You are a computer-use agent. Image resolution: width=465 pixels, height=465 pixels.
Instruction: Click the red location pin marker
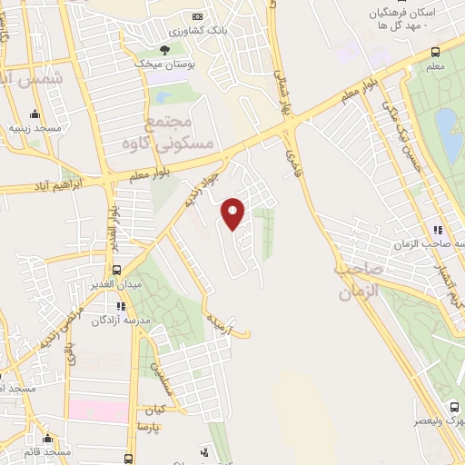[x=234, y=213]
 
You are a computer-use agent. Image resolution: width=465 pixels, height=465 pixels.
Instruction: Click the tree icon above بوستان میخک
[x=164, y=50]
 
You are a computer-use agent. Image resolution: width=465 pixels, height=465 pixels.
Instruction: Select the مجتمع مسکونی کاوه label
[x=179, y=133]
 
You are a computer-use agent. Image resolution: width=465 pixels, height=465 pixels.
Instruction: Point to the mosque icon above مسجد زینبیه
[x=35, y=114]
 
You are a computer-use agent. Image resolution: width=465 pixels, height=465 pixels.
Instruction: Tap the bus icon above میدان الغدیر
[x=116, y=270]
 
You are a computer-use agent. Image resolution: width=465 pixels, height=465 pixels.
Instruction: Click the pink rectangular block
[x=98, y=411]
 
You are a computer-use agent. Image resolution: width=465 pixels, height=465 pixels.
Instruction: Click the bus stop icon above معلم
[x=436, y=52]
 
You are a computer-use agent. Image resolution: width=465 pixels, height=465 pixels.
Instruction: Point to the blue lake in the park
[x=446, y=126]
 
